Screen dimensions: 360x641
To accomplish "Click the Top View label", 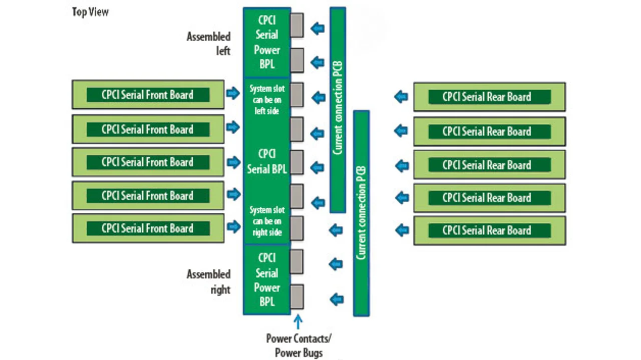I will [x=90, y=12].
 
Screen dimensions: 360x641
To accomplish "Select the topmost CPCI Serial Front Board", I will [x=148, y=95].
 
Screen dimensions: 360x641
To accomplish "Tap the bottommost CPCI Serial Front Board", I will [x=148, y=228].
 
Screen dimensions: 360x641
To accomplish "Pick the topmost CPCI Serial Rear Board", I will [x=489, y=97].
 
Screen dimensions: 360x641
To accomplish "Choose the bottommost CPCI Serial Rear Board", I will [x=489, y=231].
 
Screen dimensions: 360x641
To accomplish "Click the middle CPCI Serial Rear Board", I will [x=489, y=165].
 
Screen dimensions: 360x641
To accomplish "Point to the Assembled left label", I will [x=209, y=44].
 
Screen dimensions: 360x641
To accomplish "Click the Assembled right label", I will [x=209, y=281].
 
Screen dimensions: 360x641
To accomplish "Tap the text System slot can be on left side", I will [x=267, y=100].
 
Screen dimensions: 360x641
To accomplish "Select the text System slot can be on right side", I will [x=267, y=221].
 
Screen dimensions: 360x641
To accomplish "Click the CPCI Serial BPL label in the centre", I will [x=267, y=161].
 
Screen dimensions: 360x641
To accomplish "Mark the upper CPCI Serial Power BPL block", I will [x=267, y=43].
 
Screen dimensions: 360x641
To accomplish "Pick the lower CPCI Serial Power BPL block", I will [x=267, y=279].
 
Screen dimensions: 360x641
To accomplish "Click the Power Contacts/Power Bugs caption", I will [x=298, y=345].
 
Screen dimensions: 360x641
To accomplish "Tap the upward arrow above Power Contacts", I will [x=298, y=321].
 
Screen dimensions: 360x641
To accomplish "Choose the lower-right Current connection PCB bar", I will [x=361, y=213].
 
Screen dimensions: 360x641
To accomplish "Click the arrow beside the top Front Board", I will [x=233, y=93].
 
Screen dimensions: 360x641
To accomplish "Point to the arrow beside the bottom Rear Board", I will [x=402, y=230].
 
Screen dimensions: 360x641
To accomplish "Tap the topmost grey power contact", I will [x=296, y=25].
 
